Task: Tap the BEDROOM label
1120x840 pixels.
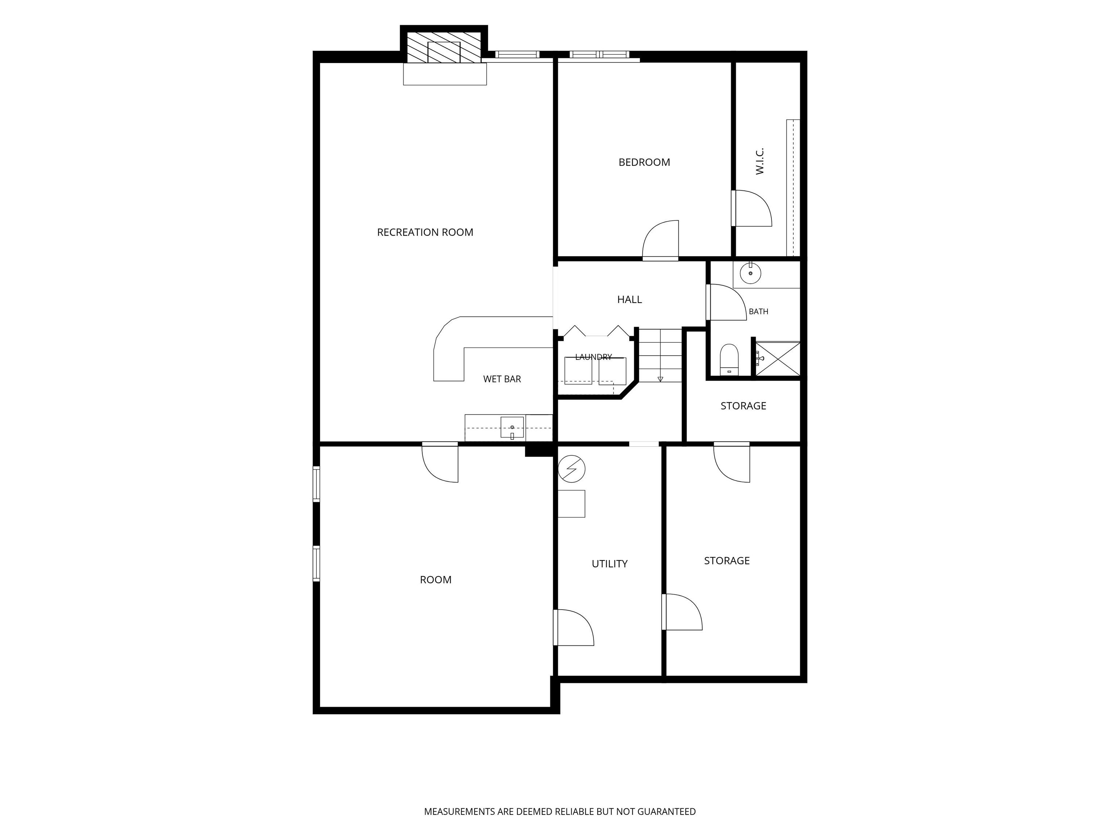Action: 644,163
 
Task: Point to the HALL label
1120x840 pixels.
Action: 629,300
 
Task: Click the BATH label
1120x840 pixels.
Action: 758,311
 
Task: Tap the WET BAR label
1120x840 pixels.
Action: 502,379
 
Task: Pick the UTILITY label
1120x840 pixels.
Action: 610,564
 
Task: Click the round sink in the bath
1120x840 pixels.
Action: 750,273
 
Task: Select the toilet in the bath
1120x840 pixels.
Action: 729,359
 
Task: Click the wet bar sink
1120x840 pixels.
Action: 512,427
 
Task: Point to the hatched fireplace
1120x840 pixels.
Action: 444,48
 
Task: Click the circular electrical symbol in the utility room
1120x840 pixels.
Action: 572,469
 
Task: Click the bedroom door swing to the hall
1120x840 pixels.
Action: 660,241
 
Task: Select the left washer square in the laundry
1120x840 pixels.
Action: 578,371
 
